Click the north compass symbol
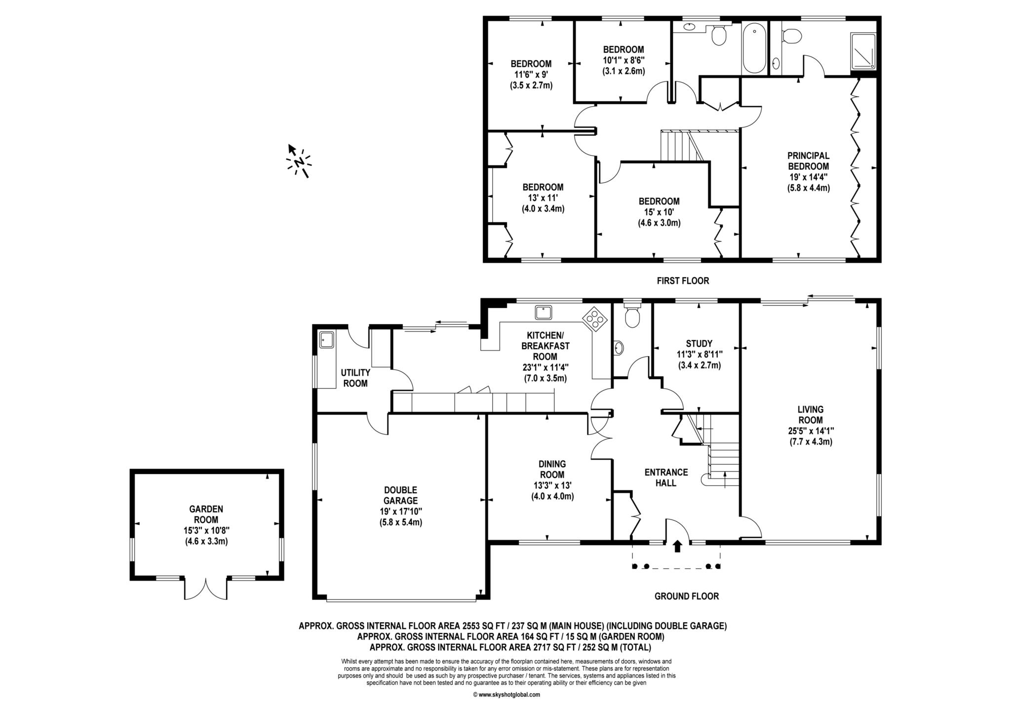point(299,161)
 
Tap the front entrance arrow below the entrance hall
point(677,546)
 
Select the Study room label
point(699,344)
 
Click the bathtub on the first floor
point(754,48)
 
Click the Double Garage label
point(400,495)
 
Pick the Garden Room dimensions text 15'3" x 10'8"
point(206,530)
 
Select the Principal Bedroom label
point(808,161)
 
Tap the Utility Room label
point(355,378)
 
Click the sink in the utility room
point(326,339)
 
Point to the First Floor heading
point(683,281)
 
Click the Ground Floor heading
point(686,596)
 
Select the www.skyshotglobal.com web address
point(506,694)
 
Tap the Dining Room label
point(552,469)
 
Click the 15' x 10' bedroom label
point(659,212)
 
